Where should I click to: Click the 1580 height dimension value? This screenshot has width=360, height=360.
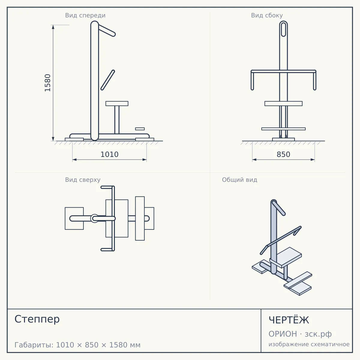(48, 83)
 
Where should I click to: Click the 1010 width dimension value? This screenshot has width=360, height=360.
(109, 154)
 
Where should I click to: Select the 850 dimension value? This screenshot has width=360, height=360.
(283, 154)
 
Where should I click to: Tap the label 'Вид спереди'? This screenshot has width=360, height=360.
(85, 15)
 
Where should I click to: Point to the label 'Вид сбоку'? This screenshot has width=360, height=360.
(267, 15)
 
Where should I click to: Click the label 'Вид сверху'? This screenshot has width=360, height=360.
(83, 180)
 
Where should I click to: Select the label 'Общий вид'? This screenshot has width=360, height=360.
(239, 180)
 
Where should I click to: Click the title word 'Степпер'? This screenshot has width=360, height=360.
(37, 319)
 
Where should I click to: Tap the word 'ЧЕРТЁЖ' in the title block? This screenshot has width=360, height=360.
(289, 320)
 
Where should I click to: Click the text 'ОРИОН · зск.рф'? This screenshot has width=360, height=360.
(300, 334)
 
